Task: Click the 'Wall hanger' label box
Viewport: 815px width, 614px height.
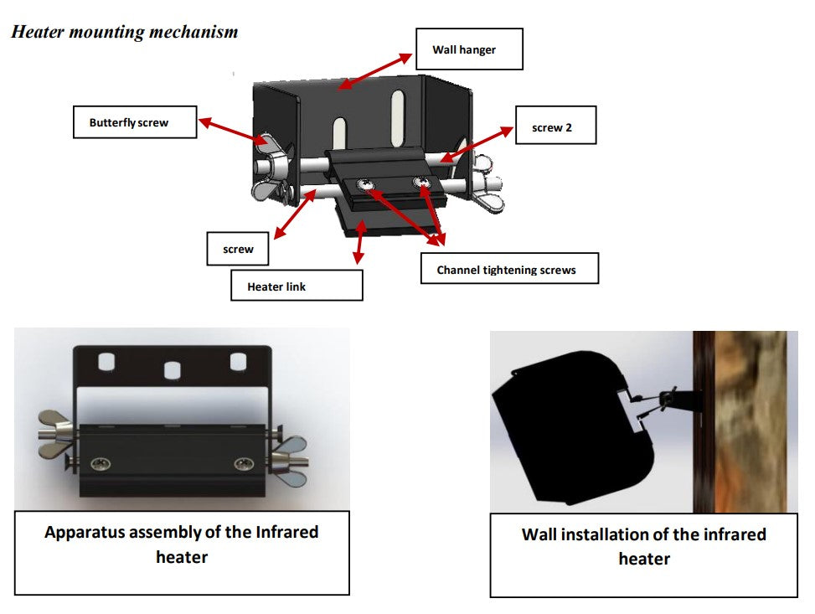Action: coord(469,49)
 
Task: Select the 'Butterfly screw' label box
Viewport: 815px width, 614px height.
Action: coord(135,122)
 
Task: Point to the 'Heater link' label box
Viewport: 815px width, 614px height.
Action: coord(297,286)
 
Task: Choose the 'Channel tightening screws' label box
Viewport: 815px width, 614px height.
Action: coord(508,270)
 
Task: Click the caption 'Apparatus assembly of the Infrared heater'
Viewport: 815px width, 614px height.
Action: coord(182,544)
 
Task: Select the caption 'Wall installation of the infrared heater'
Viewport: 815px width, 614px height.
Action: coord(643,545)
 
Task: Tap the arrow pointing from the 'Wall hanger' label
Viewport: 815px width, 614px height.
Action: coord(377,70)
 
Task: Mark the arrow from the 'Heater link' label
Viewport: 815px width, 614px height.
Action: coord(359,246)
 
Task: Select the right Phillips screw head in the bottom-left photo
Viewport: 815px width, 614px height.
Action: coord(243,463)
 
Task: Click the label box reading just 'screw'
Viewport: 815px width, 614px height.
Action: coord(239,249)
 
